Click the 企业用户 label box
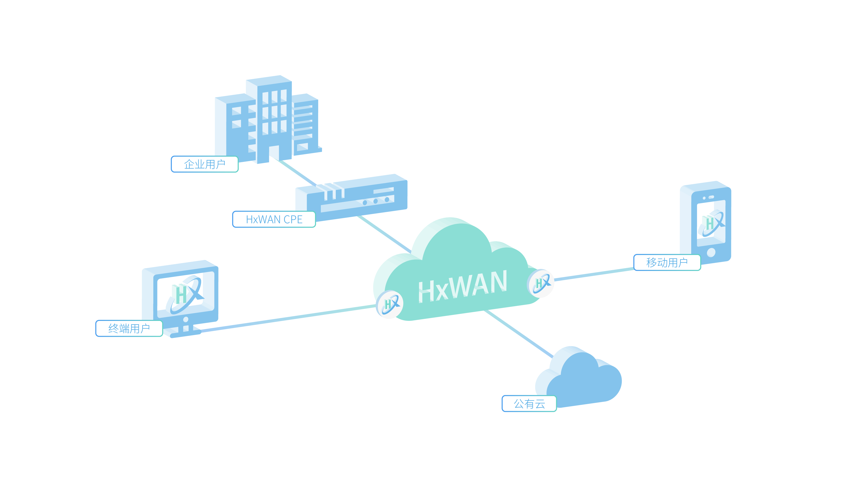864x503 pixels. coord(205,164)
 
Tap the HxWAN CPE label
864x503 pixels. coord(274,219)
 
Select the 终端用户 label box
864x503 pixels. coord(129,328)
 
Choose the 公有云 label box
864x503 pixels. coord(529,403)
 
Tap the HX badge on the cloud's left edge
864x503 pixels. coord(390,304)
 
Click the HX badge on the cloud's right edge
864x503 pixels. coord(541,283)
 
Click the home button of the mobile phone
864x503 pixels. coord(711,253)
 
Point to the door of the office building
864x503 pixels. coord(274,153)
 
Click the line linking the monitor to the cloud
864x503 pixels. coord(288,318)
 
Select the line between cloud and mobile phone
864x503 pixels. coord(593,274)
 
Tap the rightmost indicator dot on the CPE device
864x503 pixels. coord(387,200)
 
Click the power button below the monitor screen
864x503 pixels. coord(186,319)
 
